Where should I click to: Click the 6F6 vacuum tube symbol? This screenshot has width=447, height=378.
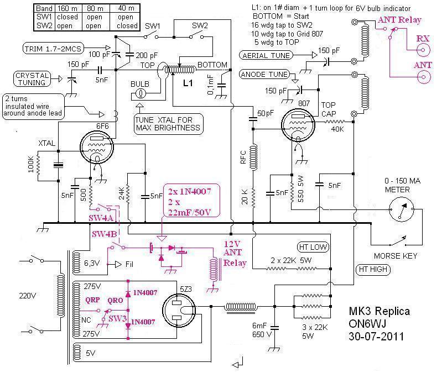pyautogui.click(x=97, y=147)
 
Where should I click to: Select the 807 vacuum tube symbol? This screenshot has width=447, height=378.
pyautogui.click(x=298, y=125)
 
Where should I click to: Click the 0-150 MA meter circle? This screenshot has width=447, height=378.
pyautogui.click(x=402, y=209)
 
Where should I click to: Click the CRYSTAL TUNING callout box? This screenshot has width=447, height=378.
pyautogui.click(x=32, y=79)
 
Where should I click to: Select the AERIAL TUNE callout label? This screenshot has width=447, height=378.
pyautogui.click(x=266, y=55)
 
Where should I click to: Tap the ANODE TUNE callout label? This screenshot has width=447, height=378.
pyautogui.click(x=264, y=75)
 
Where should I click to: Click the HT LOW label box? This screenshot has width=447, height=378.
pyautogui.click(x=313, y=247)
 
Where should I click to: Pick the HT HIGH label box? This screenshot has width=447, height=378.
pyautogui.click(x=373, y=269)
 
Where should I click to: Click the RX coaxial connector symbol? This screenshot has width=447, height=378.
pyautogui.click(x=423, y=50)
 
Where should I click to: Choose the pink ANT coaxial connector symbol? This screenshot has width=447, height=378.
pyautogui.click(x=423, y=77)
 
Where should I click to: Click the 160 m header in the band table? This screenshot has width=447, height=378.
pyautogui.click(x=67, y=8)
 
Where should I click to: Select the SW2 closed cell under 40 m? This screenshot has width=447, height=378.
pyautogui.click(x=127, y=25)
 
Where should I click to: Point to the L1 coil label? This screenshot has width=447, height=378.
pyautogui.click(x=188, y=83)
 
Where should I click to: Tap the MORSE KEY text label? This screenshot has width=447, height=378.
pyautogui.click(x=396, y=256)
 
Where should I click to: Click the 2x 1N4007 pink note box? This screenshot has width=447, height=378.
pyautogui.click(x=191, y=201)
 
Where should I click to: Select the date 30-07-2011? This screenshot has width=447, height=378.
pyautogui.click(x=376, y=337)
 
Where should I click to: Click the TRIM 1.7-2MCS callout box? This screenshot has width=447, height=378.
pyautogui.click(x=53, y=49)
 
